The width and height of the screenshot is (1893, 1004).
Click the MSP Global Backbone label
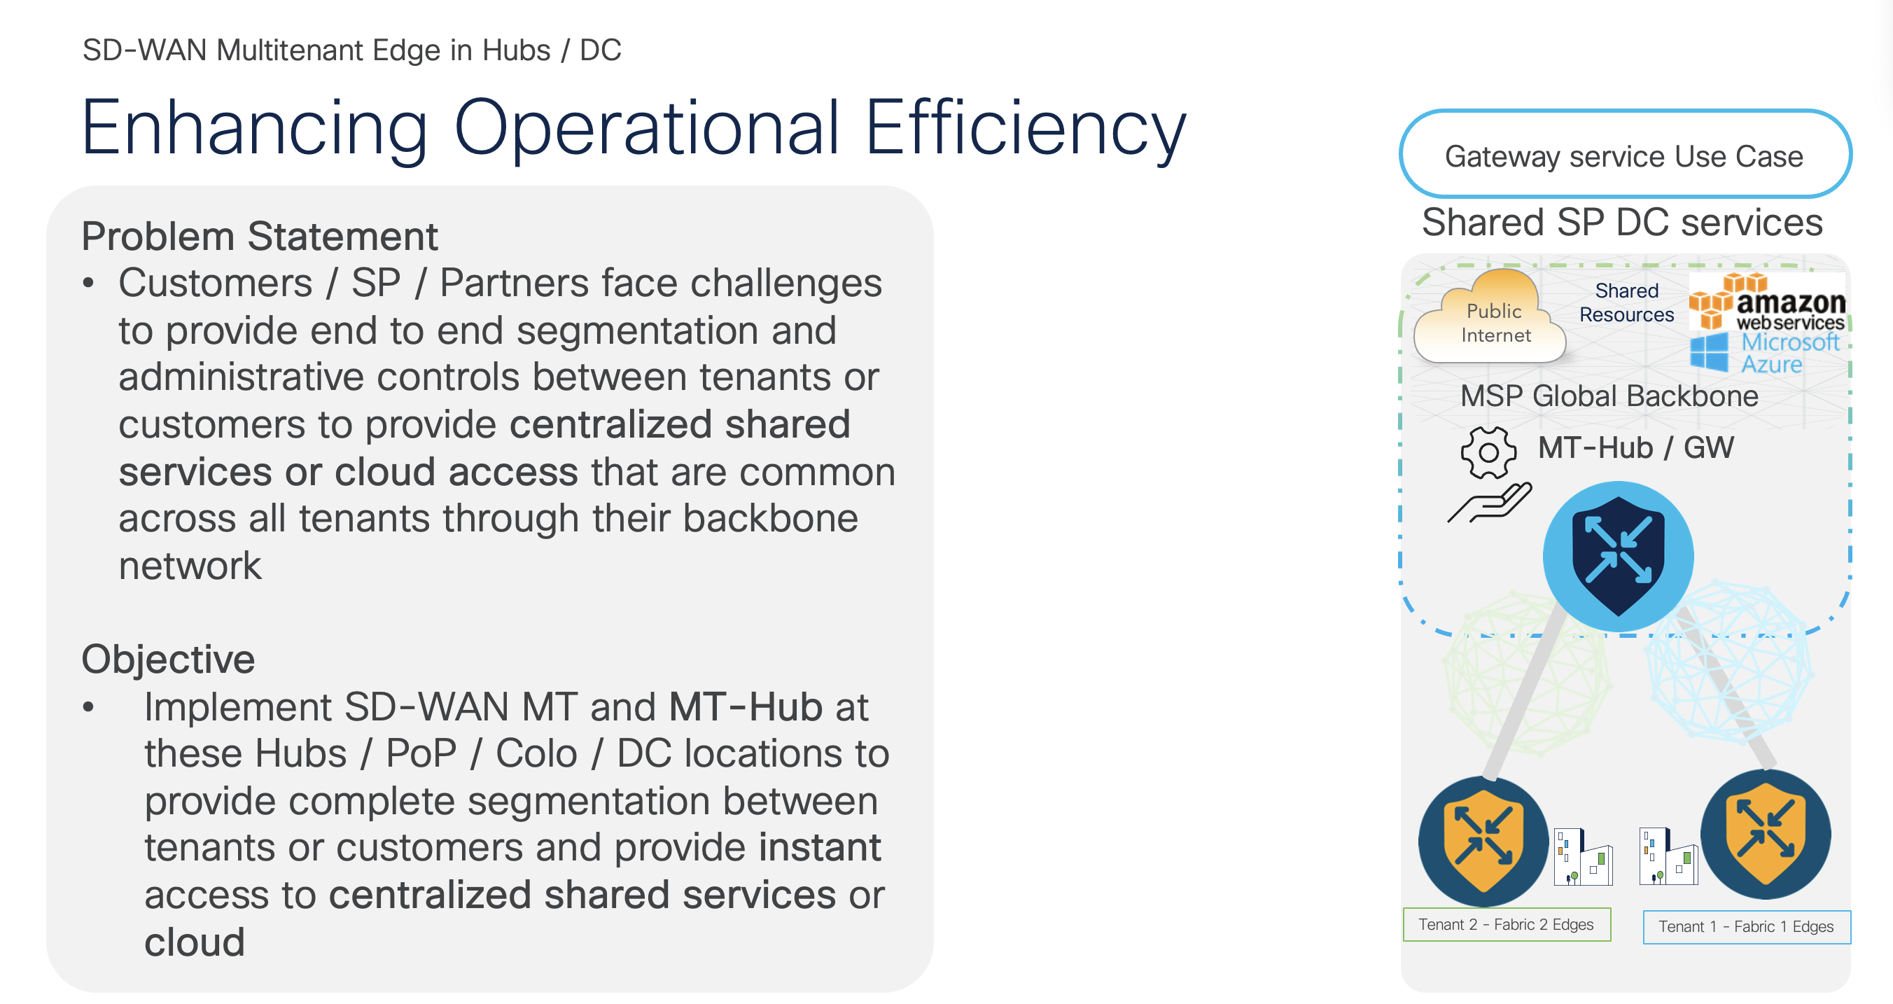1609,396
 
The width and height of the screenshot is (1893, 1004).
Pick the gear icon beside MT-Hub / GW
1488,452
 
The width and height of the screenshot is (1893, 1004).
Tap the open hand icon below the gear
1490,503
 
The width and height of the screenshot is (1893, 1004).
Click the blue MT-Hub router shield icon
1617,556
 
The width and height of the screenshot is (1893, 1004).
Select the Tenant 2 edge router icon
1483,842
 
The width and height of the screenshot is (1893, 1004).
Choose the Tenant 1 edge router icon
1765,835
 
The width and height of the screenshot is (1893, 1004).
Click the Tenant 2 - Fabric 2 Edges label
1506,925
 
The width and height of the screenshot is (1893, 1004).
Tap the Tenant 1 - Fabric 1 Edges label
1746,927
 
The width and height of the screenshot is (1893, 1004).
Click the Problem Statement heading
260,237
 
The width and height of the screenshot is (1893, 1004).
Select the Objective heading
168,659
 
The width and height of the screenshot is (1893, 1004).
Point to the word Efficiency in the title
1025,129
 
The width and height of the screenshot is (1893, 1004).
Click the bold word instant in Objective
819,847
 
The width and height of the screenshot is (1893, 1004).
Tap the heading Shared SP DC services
1622,222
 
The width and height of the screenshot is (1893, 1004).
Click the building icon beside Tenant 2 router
1583,857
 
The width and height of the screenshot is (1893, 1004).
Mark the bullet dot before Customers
89,284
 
